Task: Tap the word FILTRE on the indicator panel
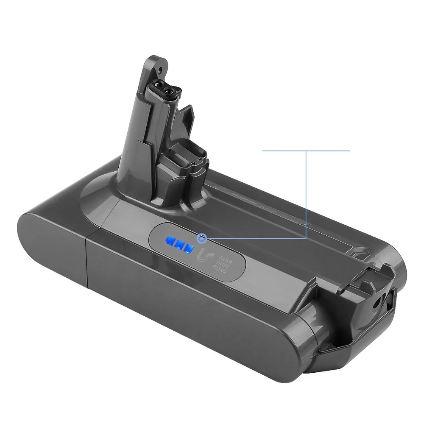tap(224, 266)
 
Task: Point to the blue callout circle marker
tap(202, 238)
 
